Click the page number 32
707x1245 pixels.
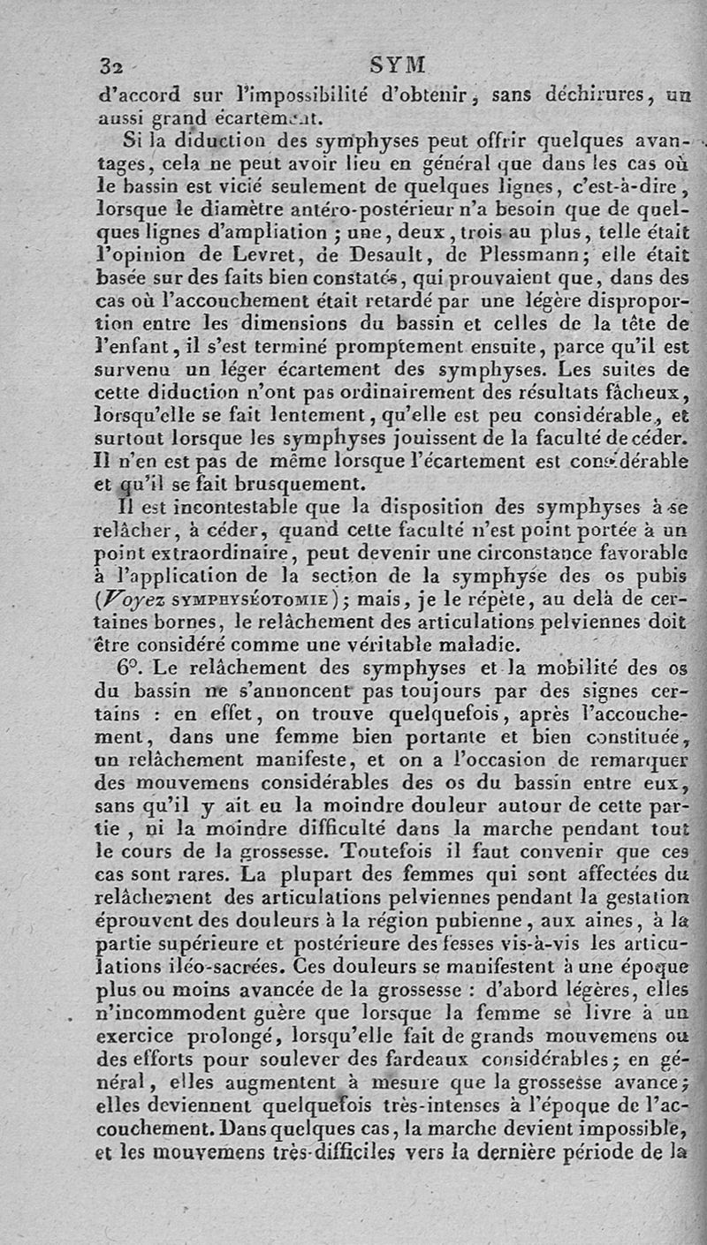110,65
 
